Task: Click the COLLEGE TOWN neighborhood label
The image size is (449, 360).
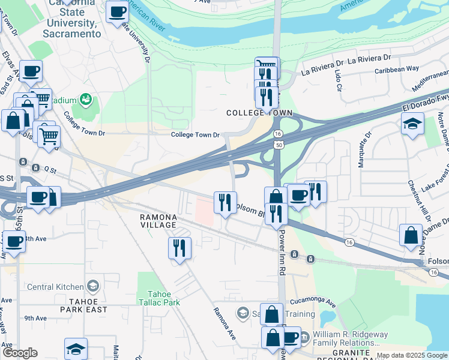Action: tap(259, 113)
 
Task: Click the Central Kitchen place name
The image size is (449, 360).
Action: tap(57, 286)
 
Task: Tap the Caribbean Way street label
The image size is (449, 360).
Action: tap(397, 69)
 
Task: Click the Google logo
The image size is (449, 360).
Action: tap(20, 352)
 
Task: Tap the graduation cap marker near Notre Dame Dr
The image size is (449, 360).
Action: tap(412, 124)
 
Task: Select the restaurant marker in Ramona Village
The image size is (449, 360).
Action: tap(179, 248)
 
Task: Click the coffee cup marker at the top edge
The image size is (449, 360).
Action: tap(117, 11)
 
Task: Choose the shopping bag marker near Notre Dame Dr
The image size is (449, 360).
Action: tap(411, 236)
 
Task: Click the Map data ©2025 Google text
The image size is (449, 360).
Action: tap(412, 355)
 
